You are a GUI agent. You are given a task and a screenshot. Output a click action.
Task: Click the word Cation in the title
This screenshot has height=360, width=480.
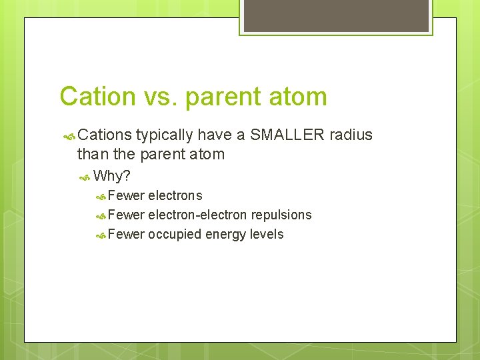coord(97,97)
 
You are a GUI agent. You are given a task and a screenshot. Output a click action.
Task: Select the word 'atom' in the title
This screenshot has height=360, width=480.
coord(299,97)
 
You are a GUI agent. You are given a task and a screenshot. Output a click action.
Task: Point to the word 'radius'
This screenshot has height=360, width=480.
coord(351,135)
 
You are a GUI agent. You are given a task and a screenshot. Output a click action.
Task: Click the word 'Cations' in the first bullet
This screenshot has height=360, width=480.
coord(105,135)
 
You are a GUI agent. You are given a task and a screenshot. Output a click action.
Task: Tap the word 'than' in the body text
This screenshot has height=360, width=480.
coord(91,155)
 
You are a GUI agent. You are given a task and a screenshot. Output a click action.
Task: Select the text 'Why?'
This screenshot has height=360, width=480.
coord(112,176)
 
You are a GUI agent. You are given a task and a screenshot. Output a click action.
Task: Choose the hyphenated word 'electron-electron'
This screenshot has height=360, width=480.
coord(198,215)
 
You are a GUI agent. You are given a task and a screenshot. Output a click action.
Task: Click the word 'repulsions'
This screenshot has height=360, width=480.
coord(281,215)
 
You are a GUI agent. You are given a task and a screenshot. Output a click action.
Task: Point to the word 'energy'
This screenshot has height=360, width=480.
coord(226,234)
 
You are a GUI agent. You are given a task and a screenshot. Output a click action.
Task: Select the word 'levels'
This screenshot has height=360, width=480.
coord(267,234)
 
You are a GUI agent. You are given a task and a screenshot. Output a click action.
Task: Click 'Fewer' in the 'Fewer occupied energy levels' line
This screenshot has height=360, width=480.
coord(126,234)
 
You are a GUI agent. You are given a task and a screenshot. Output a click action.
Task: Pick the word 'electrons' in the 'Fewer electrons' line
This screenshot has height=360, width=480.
coord(175,195)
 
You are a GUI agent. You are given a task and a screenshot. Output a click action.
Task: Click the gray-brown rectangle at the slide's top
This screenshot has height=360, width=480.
coord(336,15)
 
